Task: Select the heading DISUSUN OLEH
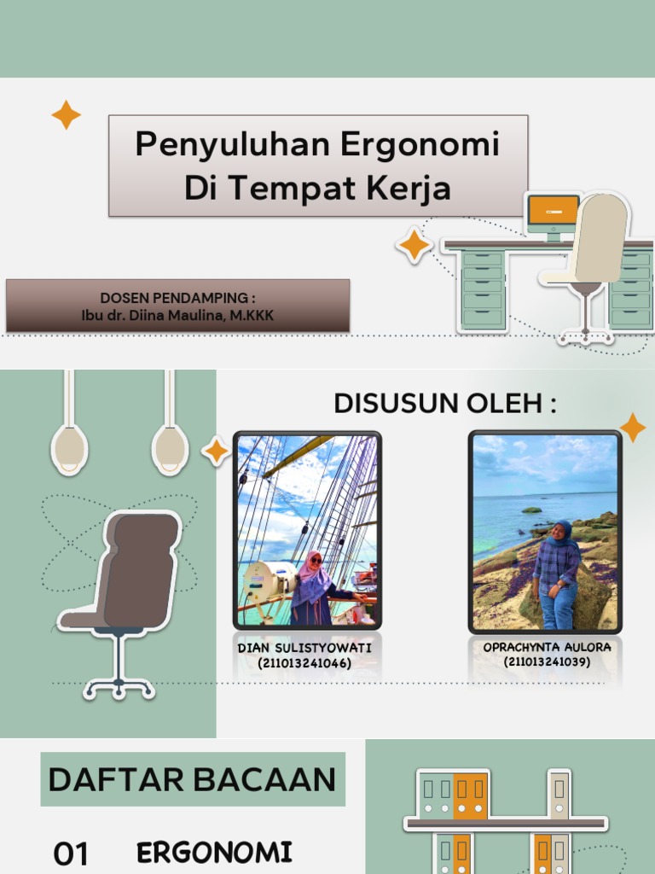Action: pyautogui.click(x=444, y=403)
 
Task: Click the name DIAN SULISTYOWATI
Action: pyautogui.click(x=304, y=649)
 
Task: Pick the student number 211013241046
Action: pyautogui.click(x=304, y=663)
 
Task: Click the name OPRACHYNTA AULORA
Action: pyautogui.click(x=547, y=647)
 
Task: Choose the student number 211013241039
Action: pyautogui.click(x=547, y=661)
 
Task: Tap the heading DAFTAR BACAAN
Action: pyautogui.click(x=193, y=779)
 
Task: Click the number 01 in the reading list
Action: pyautogui.click(x=72, y=853)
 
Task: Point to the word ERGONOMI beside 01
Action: pyautogui.click(x=214, y=851)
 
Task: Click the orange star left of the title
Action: pyautogui.click(x=66, y=114)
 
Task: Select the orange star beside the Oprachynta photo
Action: pyautogui.click(x=632, y=428)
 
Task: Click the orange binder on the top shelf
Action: pyautogui.click(x=469, y=795)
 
